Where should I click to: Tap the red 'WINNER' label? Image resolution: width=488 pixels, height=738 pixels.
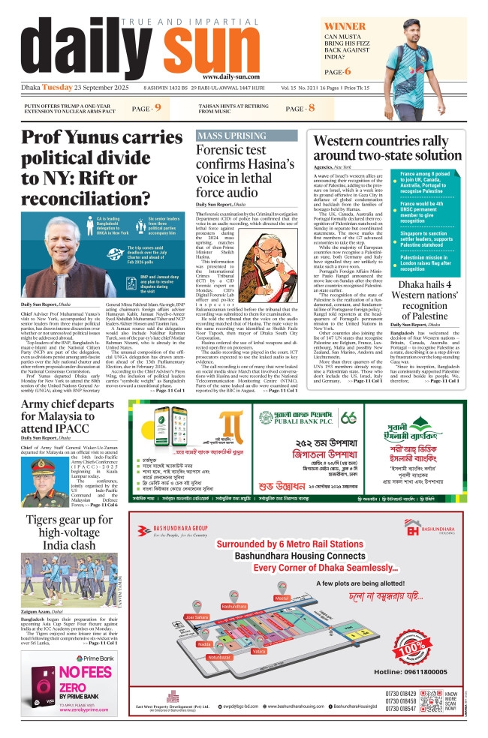(x=345, y=27)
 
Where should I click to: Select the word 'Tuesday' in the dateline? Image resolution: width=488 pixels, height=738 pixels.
(x=57, y=88)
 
